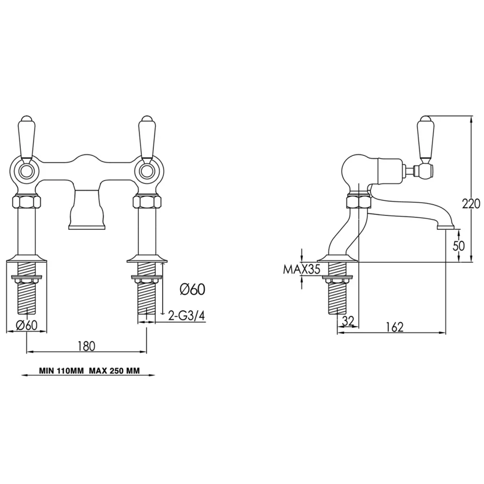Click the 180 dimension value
87,346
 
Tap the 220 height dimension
471,204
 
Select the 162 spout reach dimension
395,327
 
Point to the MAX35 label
302,270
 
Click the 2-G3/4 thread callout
186,316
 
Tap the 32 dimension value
348,321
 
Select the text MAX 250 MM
115,371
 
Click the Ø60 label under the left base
27,325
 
